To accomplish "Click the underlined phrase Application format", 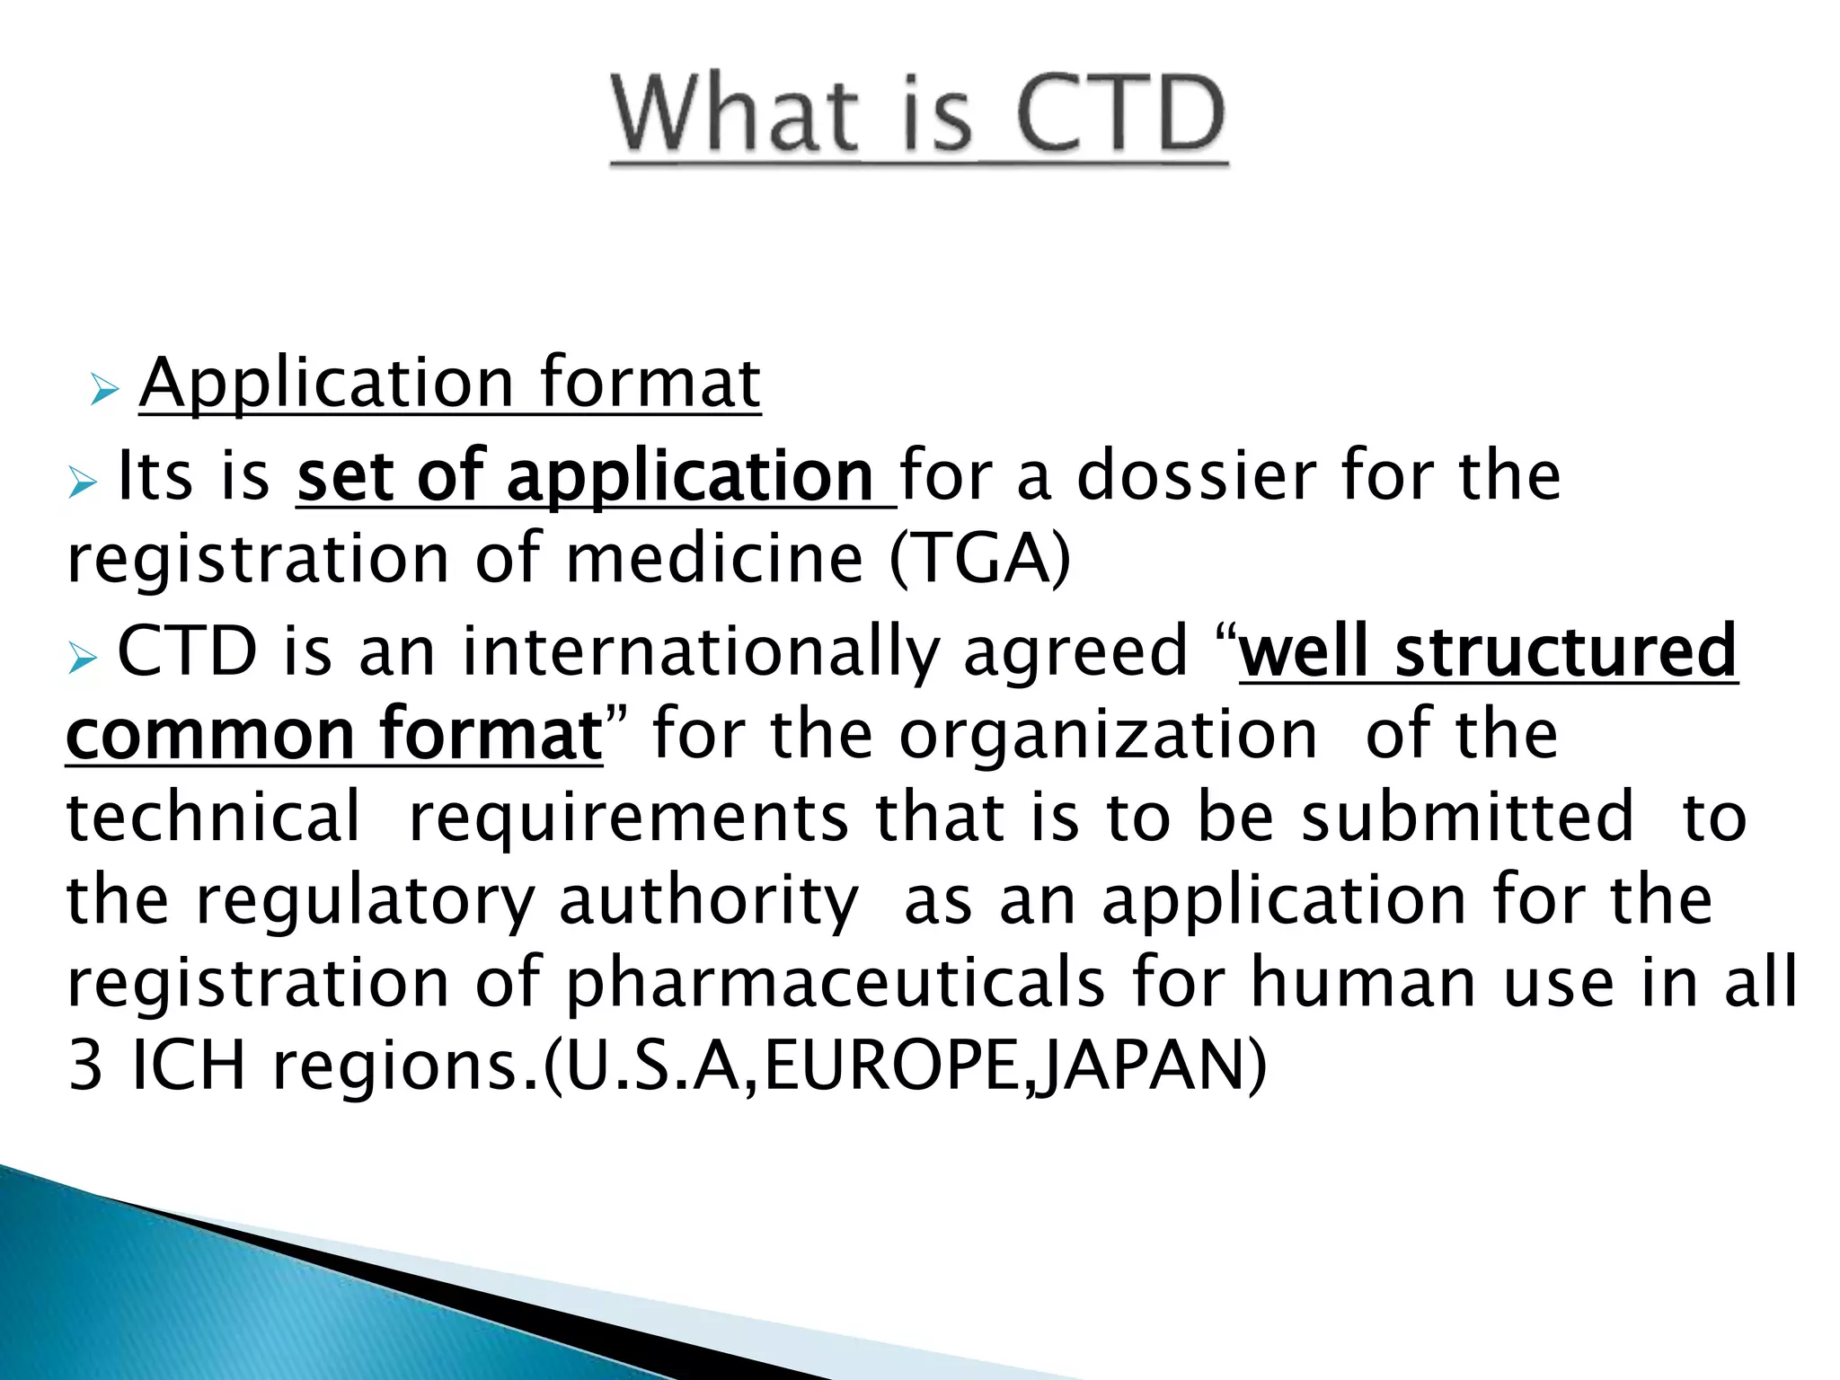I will [x=450, y=384].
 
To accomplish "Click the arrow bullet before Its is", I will [x=83, y=484].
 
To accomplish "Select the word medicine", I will [x=715, y=559].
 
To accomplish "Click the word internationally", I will [x=701, y=651].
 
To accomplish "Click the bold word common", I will [x=210, y=735].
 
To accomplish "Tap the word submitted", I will [x=1468, y=818].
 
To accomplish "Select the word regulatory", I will [x=365, y=901].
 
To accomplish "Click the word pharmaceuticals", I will [x=836, y=984].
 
